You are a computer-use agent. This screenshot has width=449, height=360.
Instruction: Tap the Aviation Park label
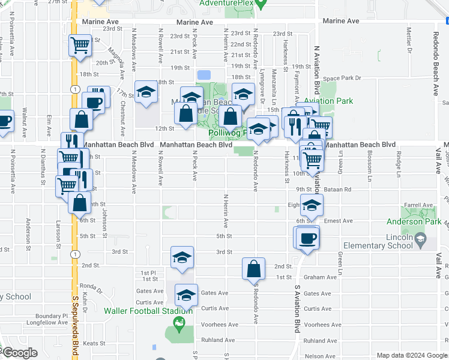(328, 101)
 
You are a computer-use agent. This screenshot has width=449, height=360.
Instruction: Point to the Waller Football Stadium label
(148, 311)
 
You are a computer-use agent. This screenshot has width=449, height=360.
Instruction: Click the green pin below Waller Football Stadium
(178, 326)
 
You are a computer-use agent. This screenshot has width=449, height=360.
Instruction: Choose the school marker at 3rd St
(182, 258)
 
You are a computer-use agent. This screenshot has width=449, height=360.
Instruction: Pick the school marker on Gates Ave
(186, 295)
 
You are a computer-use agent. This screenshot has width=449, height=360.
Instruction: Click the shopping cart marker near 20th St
(80, 46)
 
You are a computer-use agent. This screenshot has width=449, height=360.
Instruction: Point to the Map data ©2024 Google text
(411, 355)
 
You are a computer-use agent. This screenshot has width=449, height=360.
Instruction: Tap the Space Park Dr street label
(342, 78)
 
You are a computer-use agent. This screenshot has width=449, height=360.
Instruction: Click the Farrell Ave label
(418, 205)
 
